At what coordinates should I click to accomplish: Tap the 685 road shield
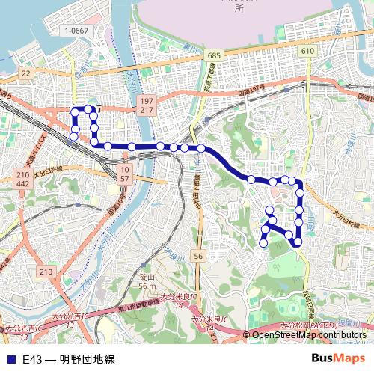[x=215, y=56]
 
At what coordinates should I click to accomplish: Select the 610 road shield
[x=306, y=50]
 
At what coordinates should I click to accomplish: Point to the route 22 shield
[x=27, y=73]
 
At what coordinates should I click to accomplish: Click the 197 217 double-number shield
[x=146, y=105]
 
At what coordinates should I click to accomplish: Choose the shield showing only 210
[x=46, y=272]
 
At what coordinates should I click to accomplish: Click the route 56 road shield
[x=197, y=257]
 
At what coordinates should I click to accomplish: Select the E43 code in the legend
[x=31, y=359]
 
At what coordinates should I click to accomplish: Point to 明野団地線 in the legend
[x=87, y=359]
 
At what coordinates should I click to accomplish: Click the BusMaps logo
[x=337, y=358]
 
